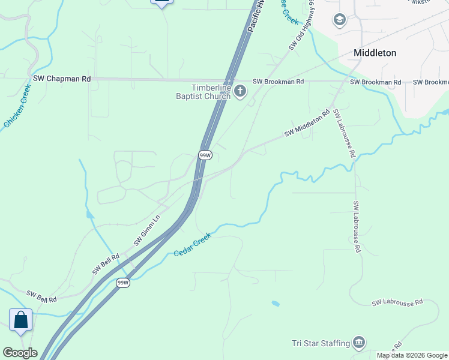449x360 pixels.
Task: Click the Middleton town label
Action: [375, 53]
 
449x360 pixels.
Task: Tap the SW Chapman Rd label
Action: [62, 79]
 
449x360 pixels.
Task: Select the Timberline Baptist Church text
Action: [203, 91]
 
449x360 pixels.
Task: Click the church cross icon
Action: [240, 91]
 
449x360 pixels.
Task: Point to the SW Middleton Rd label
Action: [307, 122]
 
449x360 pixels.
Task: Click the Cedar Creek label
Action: [193, 245]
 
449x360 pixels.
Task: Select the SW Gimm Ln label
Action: [147, 230]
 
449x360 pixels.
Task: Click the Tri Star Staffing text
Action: [321, 343]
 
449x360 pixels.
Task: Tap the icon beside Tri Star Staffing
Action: [359, 343]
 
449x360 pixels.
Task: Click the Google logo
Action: [19, 353]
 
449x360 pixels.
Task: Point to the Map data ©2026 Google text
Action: [412, 355]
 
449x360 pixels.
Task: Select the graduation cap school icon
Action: [340, 20]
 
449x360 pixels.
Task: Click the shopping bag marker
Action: [20, 319]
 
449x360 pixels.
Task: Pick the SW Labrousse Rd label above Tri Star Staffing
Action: [397, 302]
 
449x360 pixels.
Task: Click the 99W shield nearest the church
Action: [205, 155]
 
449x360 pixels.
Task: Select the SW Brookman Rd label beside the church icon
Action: [279, 81]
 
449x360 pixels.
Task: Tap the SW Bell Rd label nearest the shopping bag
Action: [41, 296]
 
